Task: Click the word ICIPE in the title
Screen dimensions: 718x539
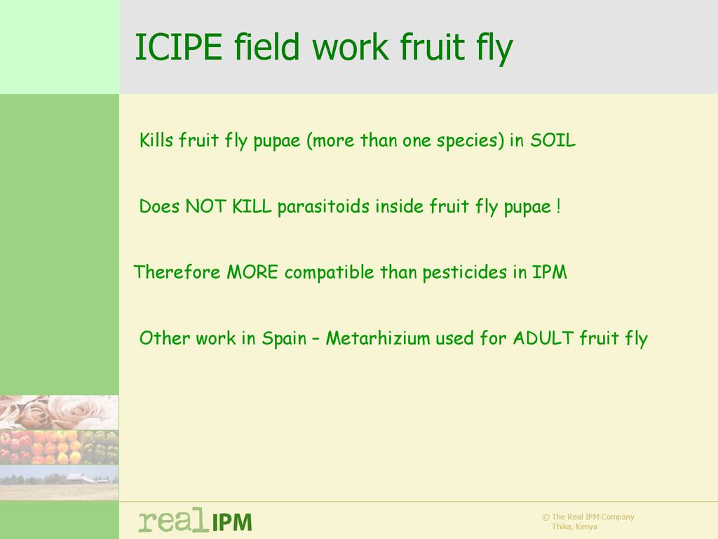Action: click(x=179, y=47)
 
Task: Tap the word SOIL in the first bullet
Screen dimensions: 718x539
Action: click(x=553, y=140)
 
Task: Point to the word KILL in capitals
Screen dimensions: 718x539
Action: click(x=252, y=206)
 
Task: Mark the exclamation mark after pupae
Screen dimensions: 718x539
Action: click(x=558, y=206)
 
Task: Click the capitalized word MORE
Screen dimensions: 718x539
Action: click(x=252, y=272)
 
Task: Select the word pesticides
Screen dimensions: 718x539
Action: click(x=465, y=273)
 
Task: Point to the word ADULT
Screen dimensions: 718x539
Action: click(x=543, y=338)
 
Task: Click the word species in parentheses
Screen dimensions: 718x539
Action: click(x=467, y=140)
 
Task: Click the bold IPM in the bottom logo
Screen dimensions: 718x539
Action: click(x=231, y=522)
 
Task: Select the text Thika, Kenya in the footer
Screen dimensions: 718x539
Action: click(x=574, y=526)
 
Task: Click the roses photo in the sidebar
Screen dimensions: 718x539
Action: click(x=59, y=413)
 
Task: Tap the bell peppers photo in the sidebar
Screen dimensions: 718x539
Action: click(x=59, y=447)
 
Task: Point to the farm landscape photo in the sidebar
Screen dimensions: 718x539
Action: click(x=59, y=482)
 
